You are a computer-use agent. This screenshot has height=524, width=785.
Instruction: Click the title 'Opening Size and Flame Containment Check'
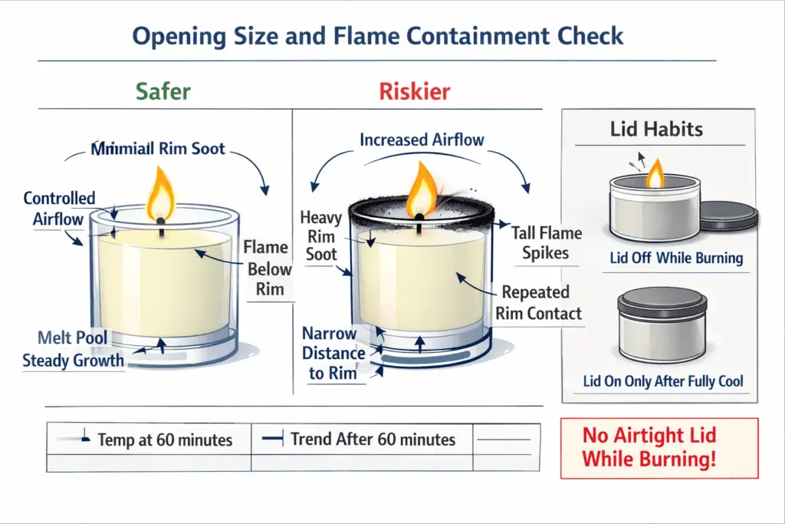coord(378,36)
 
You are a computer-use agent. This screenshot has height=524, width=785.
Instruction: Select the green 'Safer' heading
coord(163,92)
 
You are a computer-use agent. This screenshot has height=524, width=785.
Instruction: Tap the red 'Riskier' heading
coord(414,92)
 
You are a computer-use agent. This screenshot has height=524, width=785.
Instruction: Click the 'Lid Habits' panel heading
coord(656,128)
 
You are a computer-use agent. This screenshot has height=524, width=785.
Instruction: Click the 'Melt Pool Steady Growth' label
coord(73,349)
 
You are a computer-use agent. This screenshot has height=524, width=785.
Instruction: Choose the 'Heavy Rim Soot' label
coord(320,236)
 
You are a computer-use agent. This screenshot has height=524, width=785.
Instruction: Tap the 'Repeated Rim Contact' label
coord(537,302)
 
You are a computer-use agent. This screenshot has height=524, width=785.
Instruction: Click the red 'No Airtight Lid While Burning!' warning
coord(659,448)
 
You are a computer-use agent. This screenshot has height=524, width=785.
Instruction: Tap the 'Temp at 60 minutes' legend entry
coord(164,440)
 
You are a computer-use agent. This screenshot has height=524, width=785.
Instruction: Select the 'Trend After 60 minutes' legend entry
coord(373,440)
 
